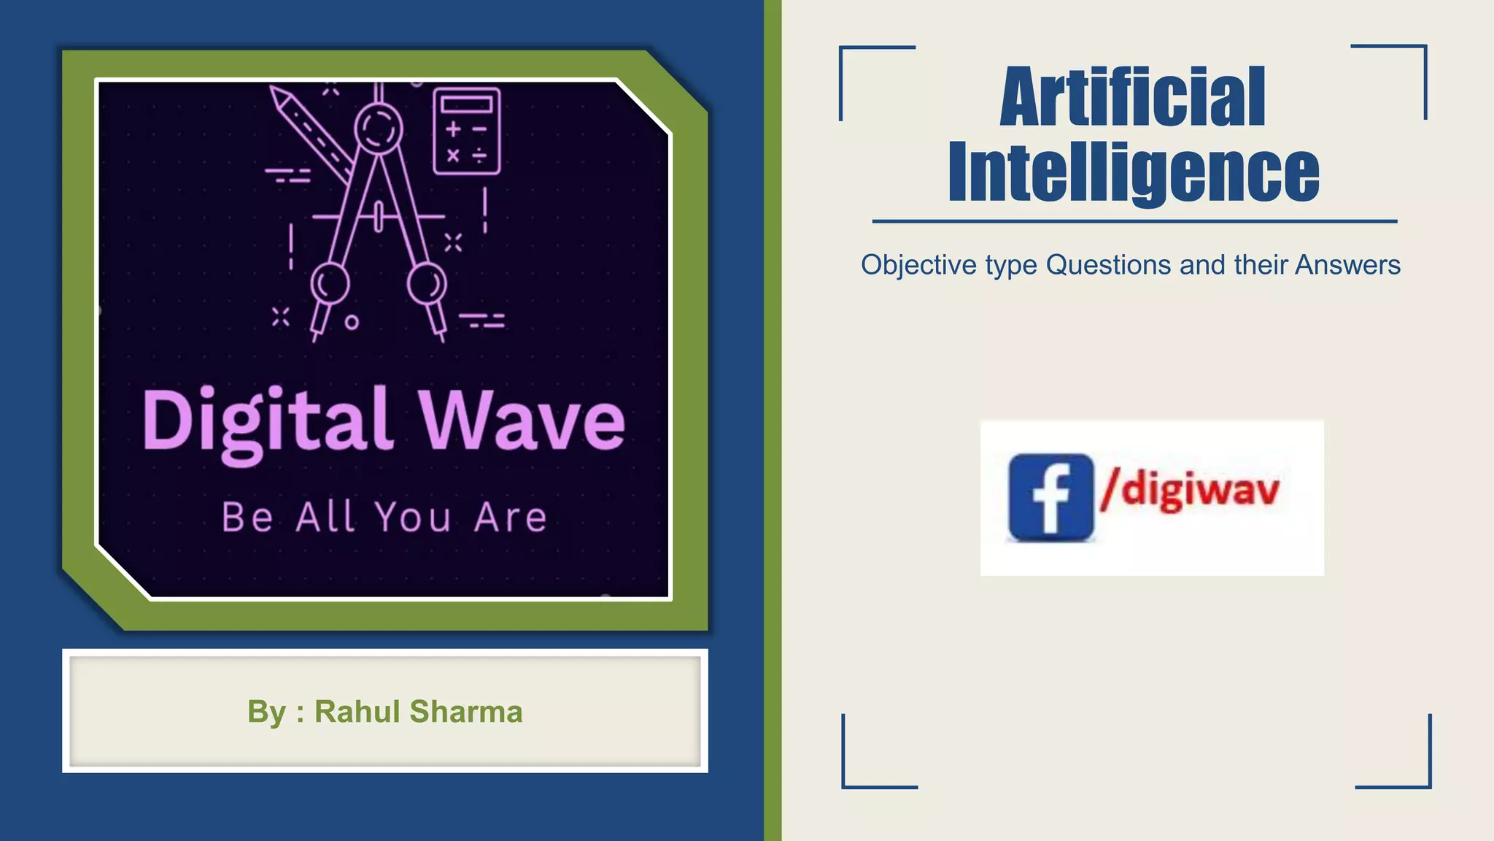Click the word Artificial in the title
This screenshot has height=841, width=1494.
(1132, 97)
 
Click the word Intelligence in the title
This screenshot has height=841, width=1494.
(1133, 173)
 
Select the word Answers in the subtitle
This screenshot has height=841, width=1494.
(1347, 265)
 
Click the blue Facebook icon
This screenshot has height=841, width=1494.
(1051, 497)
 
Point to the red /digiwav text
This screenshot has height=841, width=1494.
(1191, 489)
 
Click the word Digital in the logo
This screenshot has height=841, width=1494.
(267, 422)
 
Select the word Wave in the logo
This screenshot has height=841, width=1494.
(521, 422)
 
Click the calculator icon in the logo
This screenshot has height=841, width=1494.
(467, 131)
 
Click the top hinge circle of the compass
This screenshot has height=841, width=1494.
(379, 128)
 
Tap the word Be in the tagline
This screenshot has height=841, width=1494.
(247, 518)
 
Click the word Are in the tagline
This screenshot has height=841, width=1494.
(510, 518)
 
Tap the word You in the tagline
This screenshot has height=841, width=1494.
(413, 518)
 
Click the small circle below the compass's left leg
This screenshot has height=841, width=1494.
(352, 322)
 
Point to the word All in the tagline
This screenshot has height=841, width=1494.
(326, 518)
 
